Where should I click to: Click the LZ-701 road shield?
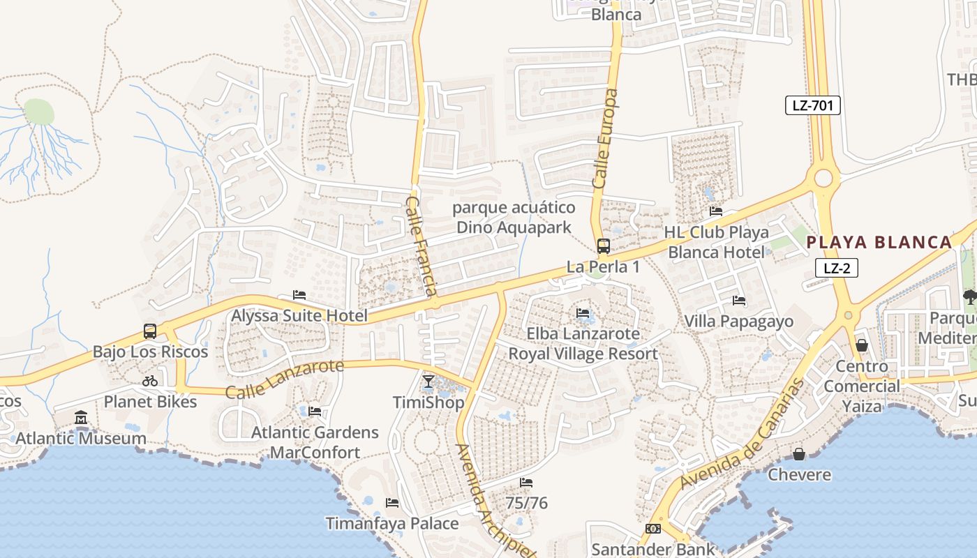click(812, 105)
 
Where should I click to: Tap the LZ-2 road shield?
click(836, 268)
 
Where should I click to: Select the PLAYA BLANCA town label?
click(879, 242)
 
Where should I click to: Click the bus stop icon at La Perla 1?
click(603, 246)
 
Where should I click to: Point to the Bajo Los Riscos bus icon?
click(150, 331)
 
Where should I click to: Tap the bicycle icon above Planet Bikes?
click(150, 381)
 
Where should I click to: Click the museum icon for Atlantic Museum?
click(81, 417)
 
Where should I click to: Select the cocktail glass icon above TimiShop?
click(428, 382)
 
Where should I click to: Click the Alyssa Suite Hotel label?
click(299, 315)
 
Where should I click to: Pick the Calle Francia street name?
click(422, 246)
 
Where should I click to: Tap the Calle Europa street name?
click(605, 138)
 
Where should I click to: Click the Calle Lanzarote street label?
click(285, 379)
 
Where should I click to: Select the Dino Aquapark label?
click(514, 218)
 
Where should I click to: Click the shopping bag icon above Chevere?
click(799, 455)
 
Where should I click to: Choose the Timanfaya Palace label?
click(392, 523)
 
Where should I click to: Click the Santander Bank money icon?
click(652, 529)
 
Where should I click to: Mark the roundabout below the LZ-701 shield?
click(823, 178)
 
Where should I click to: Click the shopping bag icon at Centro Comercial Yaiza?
click(862, 345)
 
